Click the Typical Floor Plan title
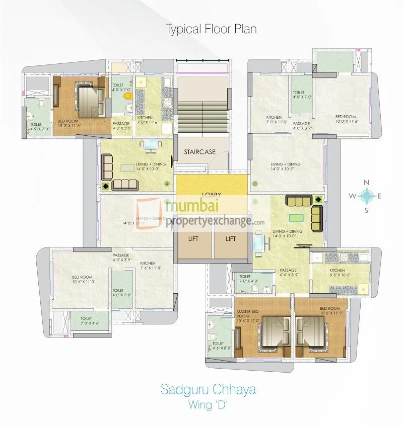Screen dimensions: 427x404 pyautogui.click(x=212, y=29)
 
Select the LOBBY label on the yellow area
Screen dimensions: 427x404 pyautogui.click(x=212, y=194)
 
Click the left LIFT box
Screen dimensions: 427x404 pyautogui.click(x=193, y=239)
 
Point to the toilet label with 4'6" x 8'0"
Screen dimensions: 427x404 pyautogui.click(x=218, y=346)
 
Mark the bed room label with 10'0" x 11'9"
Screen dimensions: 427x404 pyautogui.click(x=330, y=311)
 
